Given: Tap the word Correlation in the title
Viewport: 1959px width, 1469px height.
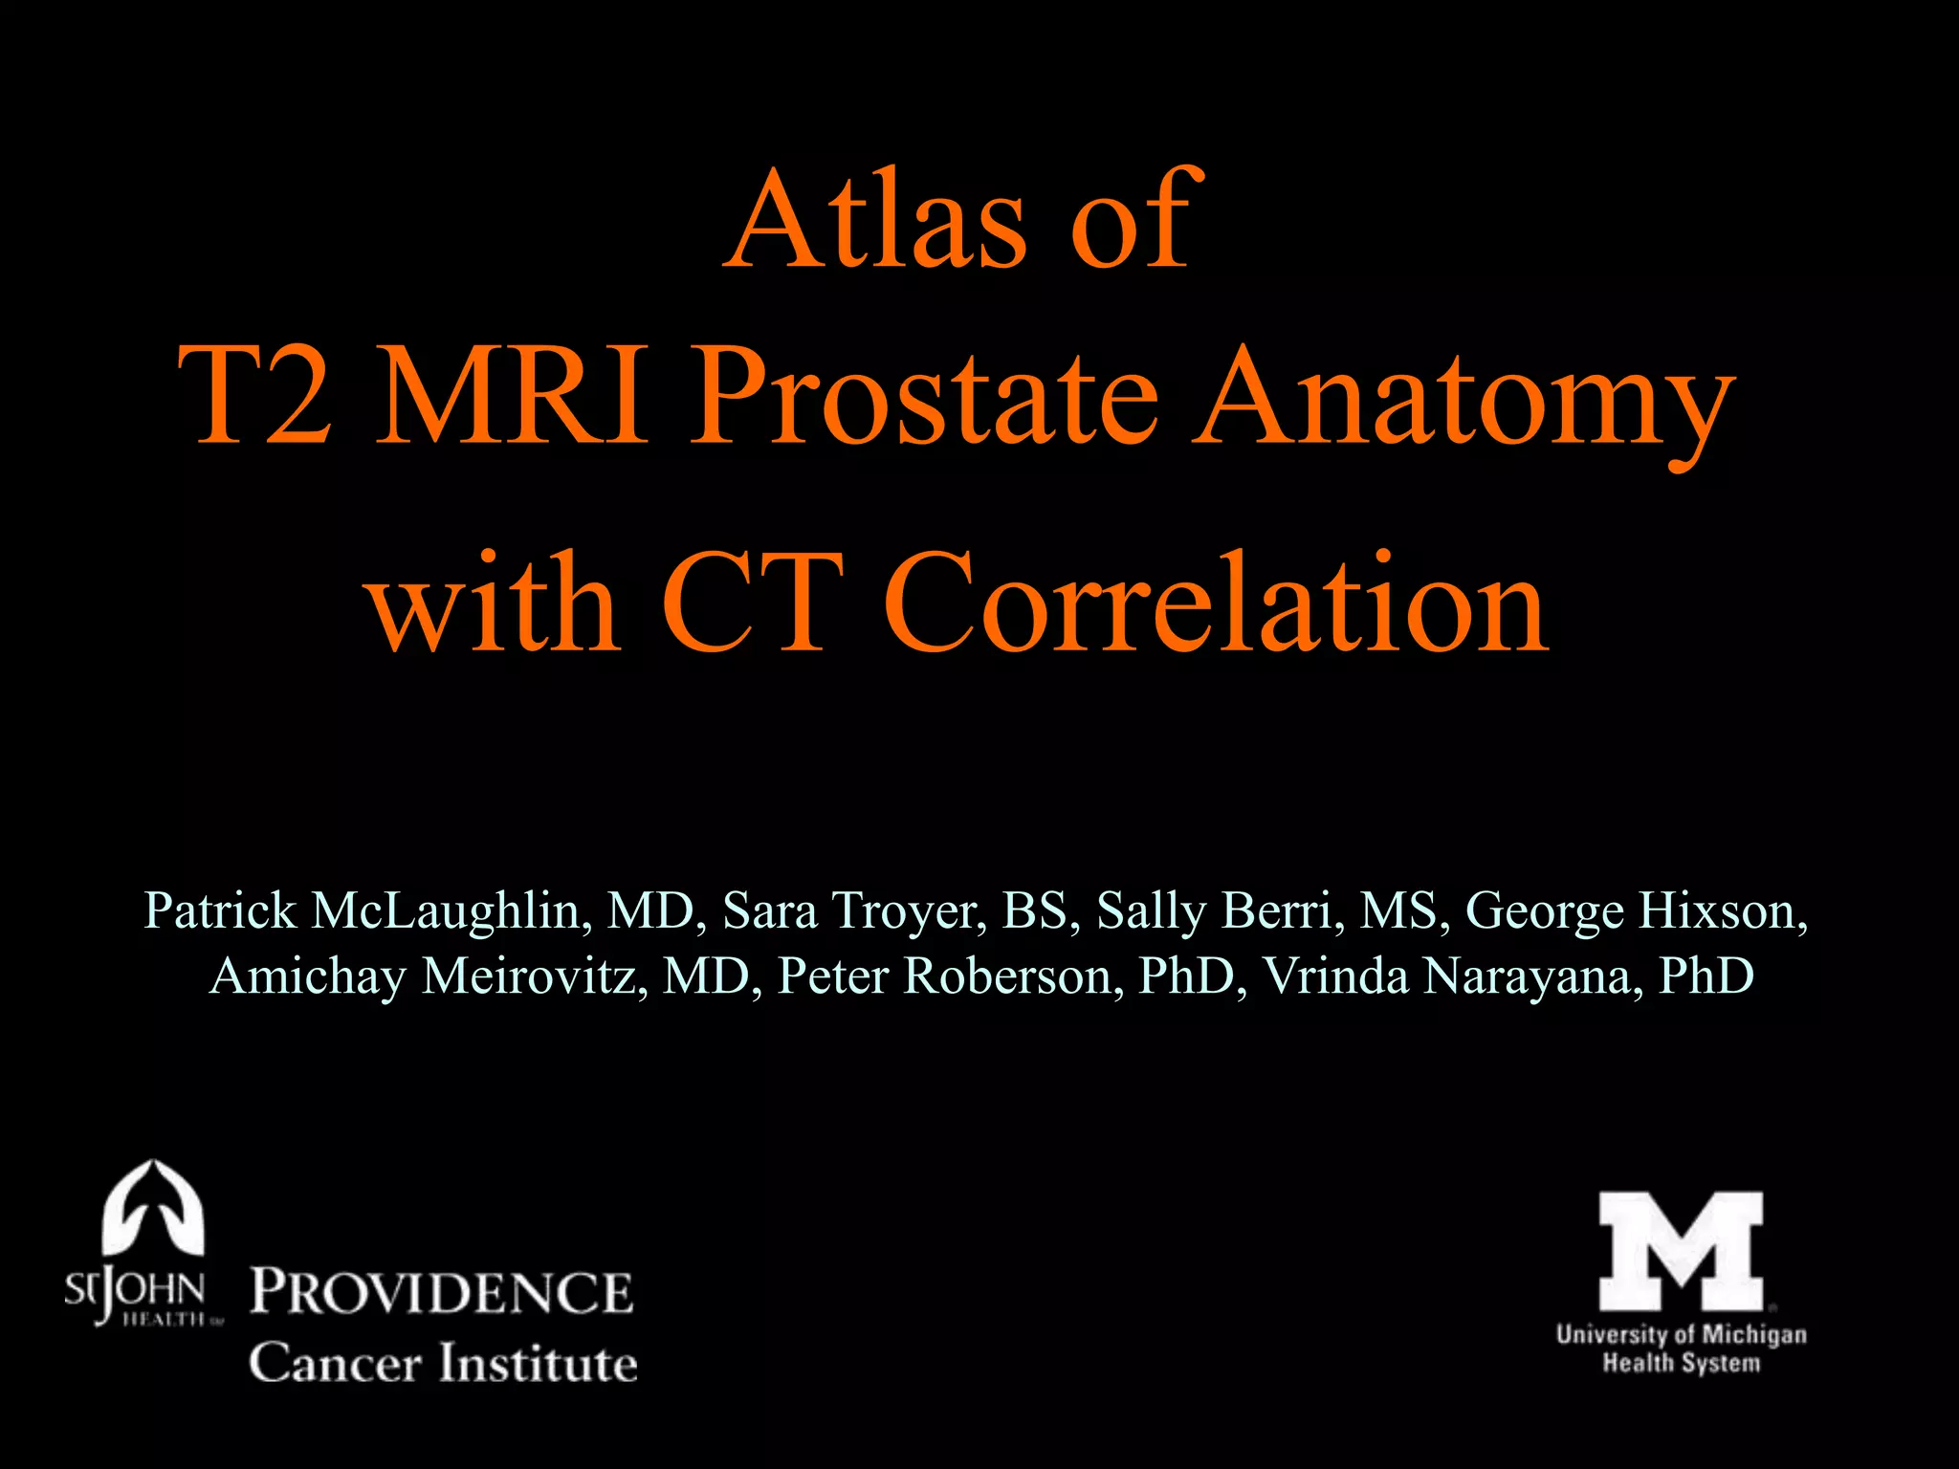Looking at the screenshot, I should (1215, 603).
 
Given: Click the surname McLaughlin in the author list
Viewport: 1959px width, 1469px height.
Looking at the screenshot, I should (450, 910).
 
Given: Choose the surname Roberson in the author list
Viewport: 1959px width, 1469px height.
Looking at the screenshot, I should (1013, 976).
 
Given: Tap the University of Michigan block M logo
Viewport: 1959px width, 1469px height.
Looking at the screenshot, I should (1681, 1251).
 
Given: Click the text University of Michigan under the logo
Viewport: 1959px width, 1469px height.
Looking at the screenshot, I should (1681, 1334).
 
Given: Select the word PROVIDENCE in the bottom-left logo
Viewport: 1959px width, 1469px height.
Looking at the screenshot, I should (442, 1292).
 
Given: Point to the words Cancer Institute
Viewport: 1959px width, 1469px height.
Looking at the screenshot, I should (443, 1363).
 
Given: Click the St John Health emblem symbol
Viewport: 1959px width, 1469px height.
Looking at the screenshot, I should (153, 1207).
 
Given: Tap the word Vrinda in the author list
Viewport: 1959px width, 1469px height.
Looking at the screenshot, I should (1336, 976).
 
